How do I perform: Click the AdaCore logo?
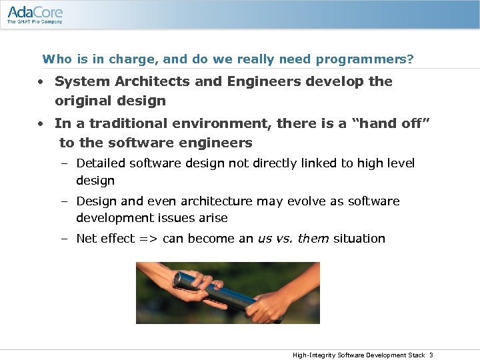pyautogui.click(x=35, y=12)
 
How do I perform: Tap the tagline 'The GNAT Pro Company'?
pyautogui.click(x=35, y=22)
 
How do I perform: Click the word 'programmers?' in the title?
pyautogui.click(x=365, y=59)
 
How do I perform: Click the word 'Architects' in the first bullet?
pyautogui.click(x=149, y=81)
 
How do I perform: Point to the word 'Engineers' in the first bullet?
pyautogui.click(x=265, y=81)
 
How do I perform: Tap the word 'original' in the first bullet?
pyautogui.click(x=84, y=101)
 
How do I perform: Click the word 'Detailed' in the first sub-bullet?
pyautogui.click(x=101, y=163)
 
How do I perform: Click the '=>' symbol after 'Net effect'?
pyautogui.click(x=148, y=239)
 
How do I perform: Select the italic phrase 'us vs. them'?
pyautogui.click(x=293, y=239)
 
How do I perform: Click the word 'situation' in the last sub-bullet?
pyautogui.click(x=359, y=239)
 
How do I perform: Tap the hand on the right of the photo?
pyautogui.click(x=273, y=303)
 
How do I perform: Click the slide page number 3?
pyautogui.click(x=431, y=355)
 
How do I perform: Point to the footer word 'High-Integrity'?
pyautogui.click(x=313, y=355)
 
